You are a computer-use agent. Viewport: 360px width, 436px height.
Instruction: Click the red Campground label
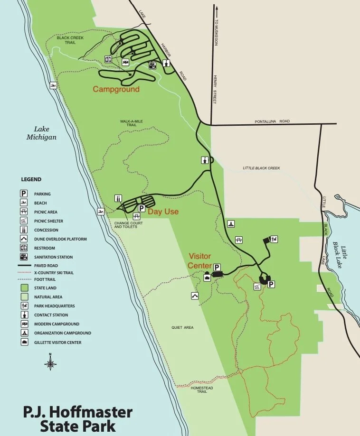pyautogui.click(x=116, y=89)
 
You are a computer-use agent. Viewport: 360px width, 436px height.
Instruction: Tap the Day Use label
pyautogui.click(x=163, y=212)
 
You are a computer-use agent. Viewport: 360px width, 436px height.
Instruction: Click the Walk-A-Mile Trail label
pyautogui.click(x=132, y=123)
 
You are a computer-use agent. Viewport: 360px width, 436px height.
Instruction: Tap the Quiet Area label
pyautogui.click(x=183, y=327)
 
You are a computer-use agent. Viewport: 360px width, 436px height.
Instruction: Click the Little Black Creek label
pyautogui.click(x=261, y=168)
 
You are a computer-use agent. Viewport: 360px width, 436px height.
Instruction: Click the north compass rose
pyautogui.click(x=51, y=364)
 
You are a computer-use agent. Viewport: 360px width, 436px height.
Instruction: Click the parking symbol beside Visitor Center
pyautogui.click(x=217, y=267)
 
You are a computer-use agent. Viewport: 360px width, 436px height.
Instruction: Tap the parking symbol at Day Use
pyautogui.click(x=141, y=208)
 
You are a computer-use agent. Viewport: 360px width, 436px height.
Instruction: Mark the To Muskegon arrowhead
pyautogui.click(x=217, y=8)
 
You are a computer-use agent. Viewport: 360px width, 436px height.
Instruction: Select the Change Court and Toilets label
pyautogui.click(x=125, y=224)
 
